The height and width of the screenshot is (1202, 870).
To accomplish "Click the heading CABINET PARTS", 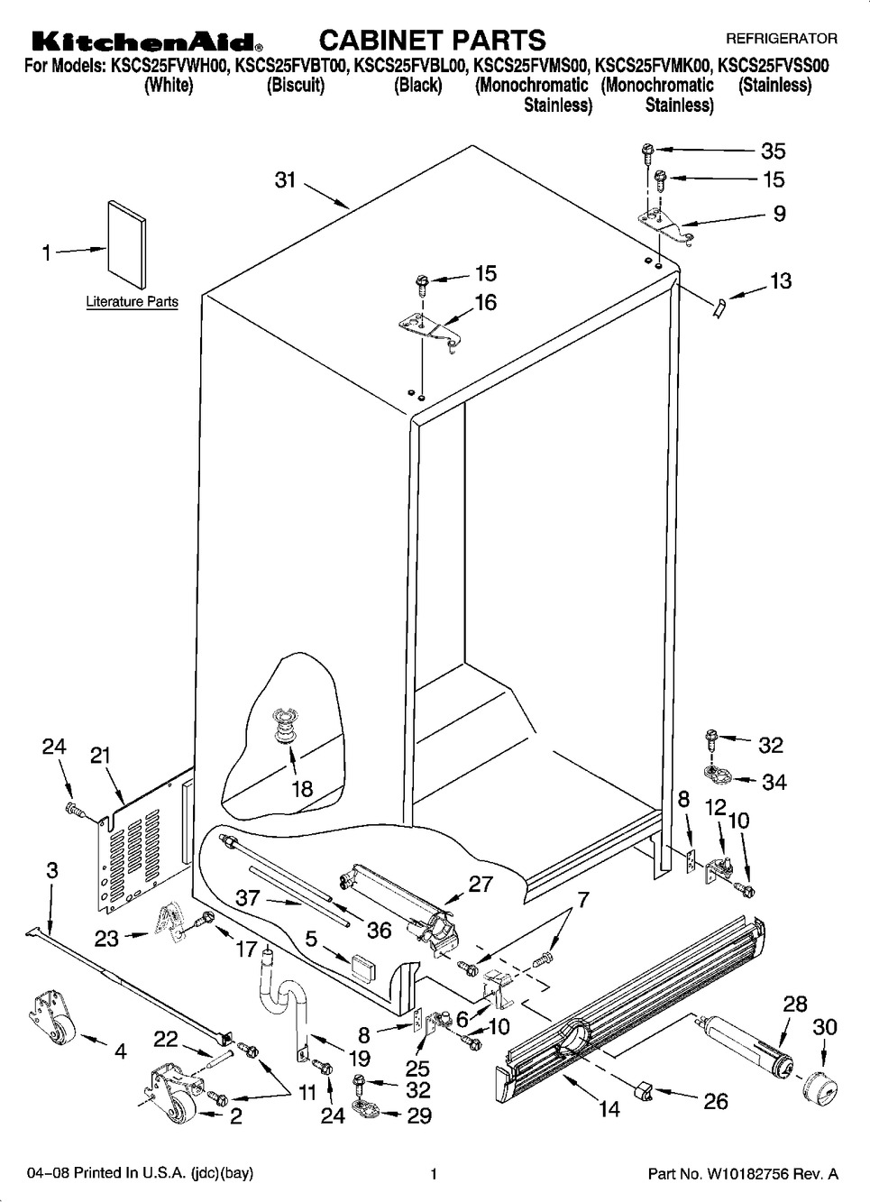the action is [x=433, y=40].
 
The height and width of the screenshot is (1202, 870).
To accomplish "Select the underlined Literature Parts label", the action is [x=132, y=301].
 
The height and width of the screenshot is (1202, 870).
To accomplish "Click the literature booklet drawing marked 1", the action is [x=126, y=246].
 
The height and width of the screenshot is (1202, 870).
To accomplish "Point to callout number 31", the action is [x=286, y=179].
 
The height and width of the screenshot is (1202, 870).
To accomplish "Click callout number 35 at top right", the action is [x=774, y=151].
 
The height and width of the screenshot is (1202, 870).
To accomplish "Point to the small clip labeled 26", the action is [x=644, y=1091].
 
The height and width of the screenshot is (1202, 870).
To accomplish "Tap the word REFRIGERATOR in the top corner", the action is [x=782, y=39].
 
